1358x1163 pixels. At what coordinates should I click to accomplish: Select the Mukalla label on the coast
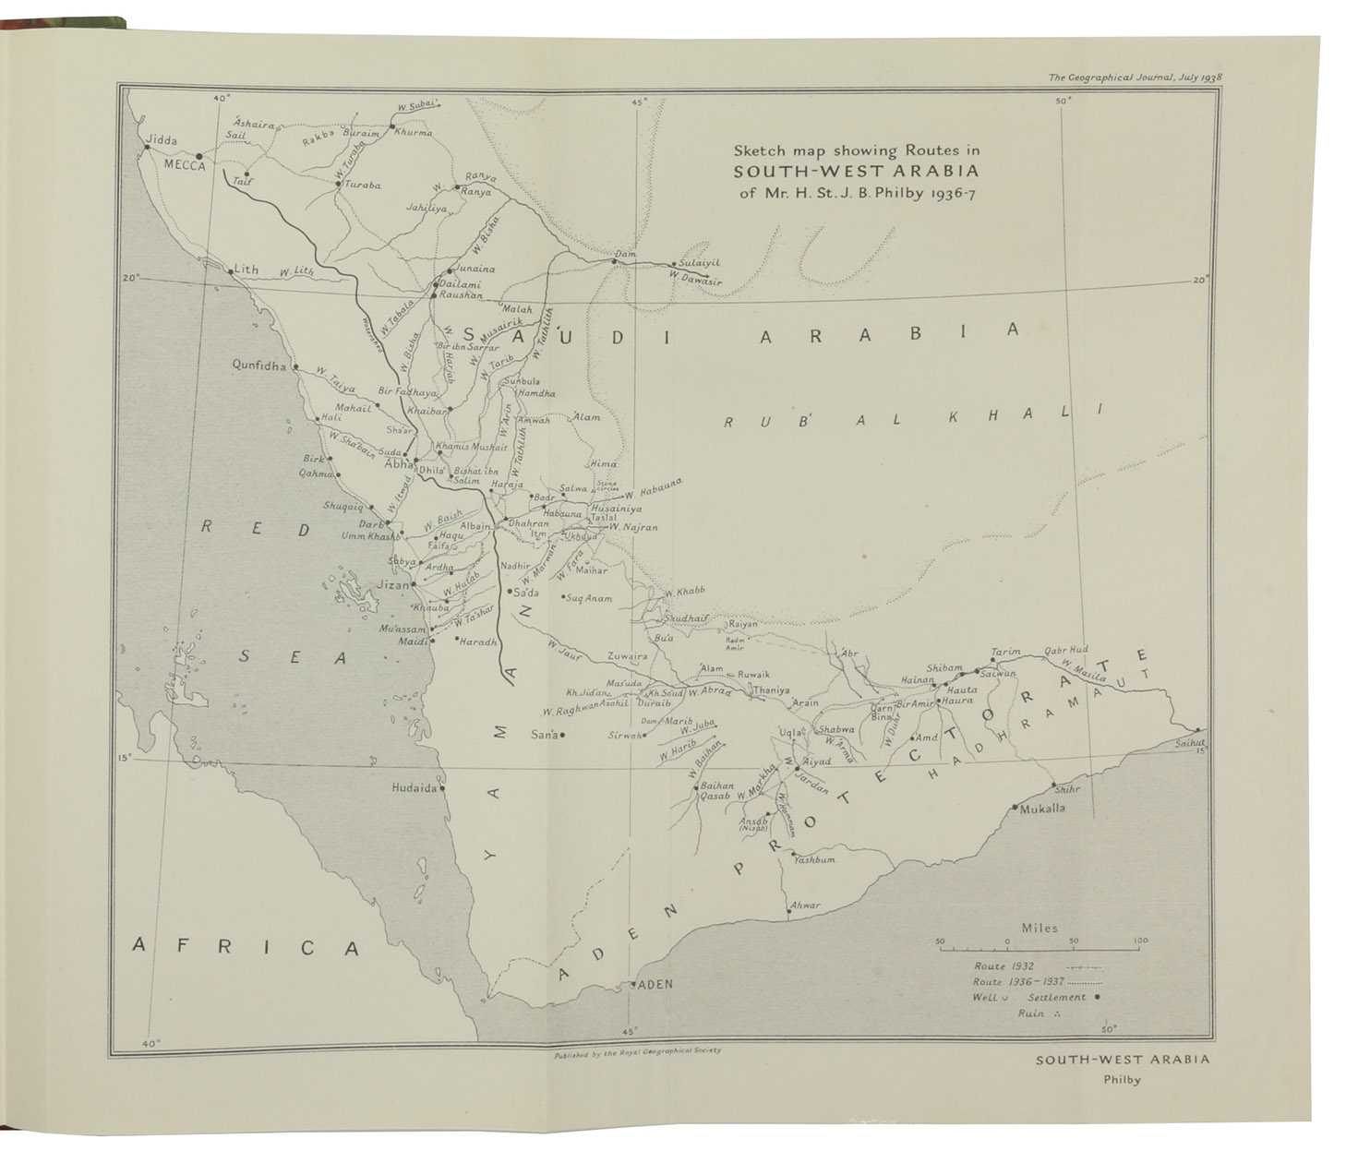1042,808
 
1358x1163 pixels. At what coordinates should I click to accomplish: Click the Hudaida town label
413,788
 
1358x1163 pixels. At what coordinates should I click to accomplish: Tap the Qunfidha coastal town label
261,365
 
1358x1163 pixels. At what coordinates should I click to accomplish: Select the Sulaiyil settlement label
699,262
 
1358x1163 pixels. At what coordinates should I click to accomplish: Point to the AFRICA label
245,946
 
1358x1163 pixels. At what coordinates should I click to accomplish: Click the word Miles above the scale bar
1040,928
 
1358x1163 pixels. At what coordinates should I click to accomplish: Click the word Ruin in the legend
1031,1013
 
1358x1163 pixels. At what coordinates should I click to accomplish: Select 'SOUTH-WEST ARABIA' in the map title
856,171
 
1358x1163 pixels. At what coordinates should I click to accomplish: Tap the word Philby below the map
1122,1079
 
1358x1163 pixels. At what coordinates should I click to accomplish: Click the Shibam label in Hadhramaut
944,667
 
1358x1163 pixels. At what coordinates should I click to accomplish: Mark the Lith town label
246,270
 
